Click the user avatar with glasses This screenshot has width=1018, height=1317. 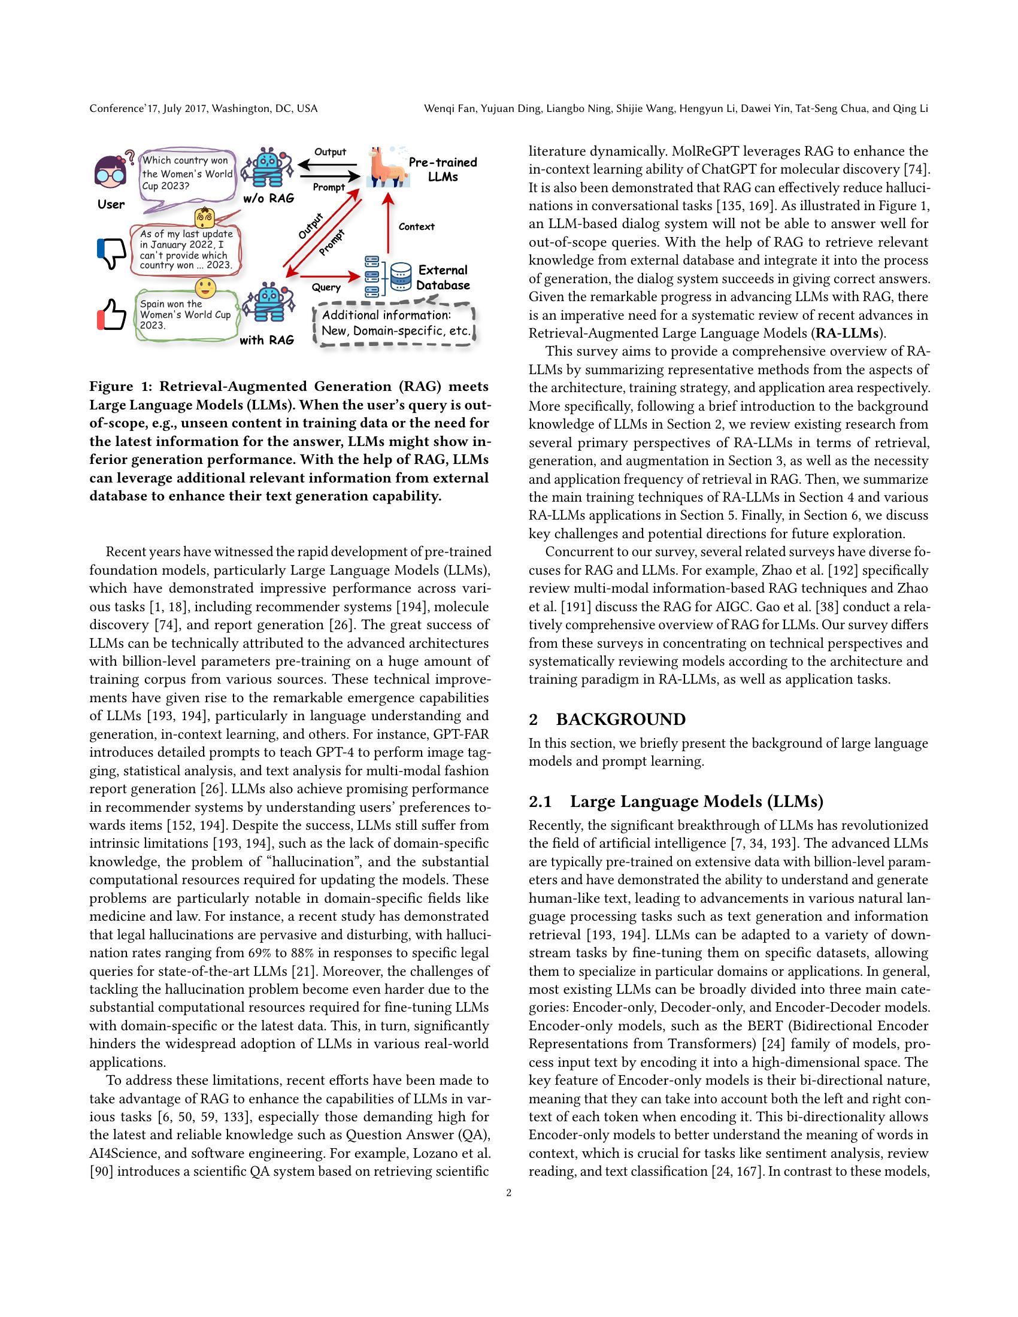[111, 172]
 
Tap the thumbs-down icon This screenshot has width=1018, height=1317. [111, 253]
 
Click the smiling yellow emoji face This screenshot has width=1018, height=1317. [205, 287]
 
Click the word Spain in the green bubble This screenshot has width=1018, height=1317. [153, 304]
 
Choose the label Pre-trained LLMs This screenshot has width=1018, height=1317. [443, 169]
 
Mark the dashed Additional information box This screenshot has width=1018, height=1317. [395, 324]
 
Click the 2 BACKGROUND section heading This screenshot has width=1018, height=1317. [607, 720]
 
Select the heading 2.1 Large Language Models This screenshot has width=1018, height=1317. [675, 802]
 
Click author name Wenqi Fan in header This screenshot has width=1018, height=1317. [446, 108]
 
